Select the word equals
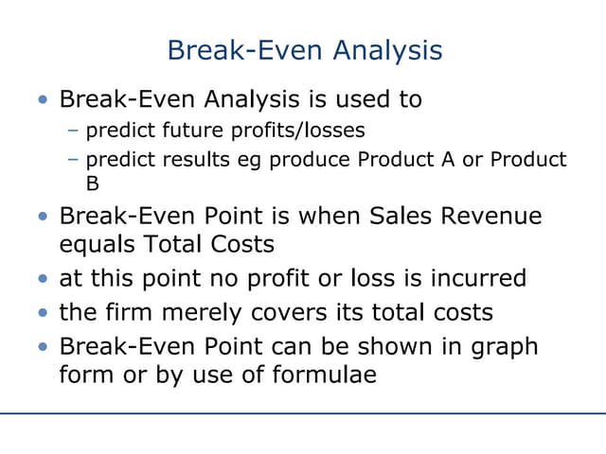96,245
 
